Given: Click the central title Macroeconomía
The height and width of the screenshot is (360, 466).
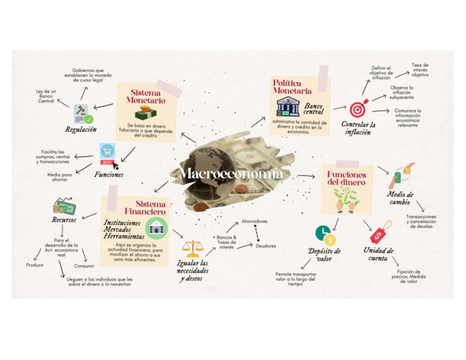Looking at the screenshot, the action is [232, 174].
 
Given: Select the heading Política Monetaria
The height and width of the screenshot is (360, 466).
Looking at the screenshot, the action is [292, 86].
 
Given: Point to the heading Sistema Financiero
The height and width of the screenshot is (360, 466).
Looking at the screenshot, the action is [145, 207].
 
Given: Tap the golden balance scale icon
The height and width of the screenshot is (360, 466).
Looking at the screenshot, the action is [192, 249].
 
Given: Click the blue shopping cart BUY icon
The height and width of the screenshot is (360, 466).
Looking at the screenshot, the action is [107, 154].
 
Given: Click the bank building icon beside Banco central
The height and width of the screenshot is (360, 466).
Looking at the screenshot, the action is [287, 106].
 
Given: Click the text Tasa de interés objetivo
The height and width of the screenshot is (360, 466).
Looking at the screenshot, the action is [420, 70].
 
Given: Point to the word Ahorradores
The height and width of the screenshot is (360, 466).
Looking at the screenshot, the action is [254, 221].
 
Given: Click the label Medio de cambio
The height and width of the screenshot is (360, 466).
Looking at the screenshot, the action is [400, 198].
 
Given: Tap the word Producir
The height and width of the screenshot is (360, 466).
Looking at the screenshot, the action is [35, 265].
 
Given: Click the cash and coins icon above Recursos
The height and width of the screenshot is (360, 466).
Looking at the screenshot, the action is [64, 207].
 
